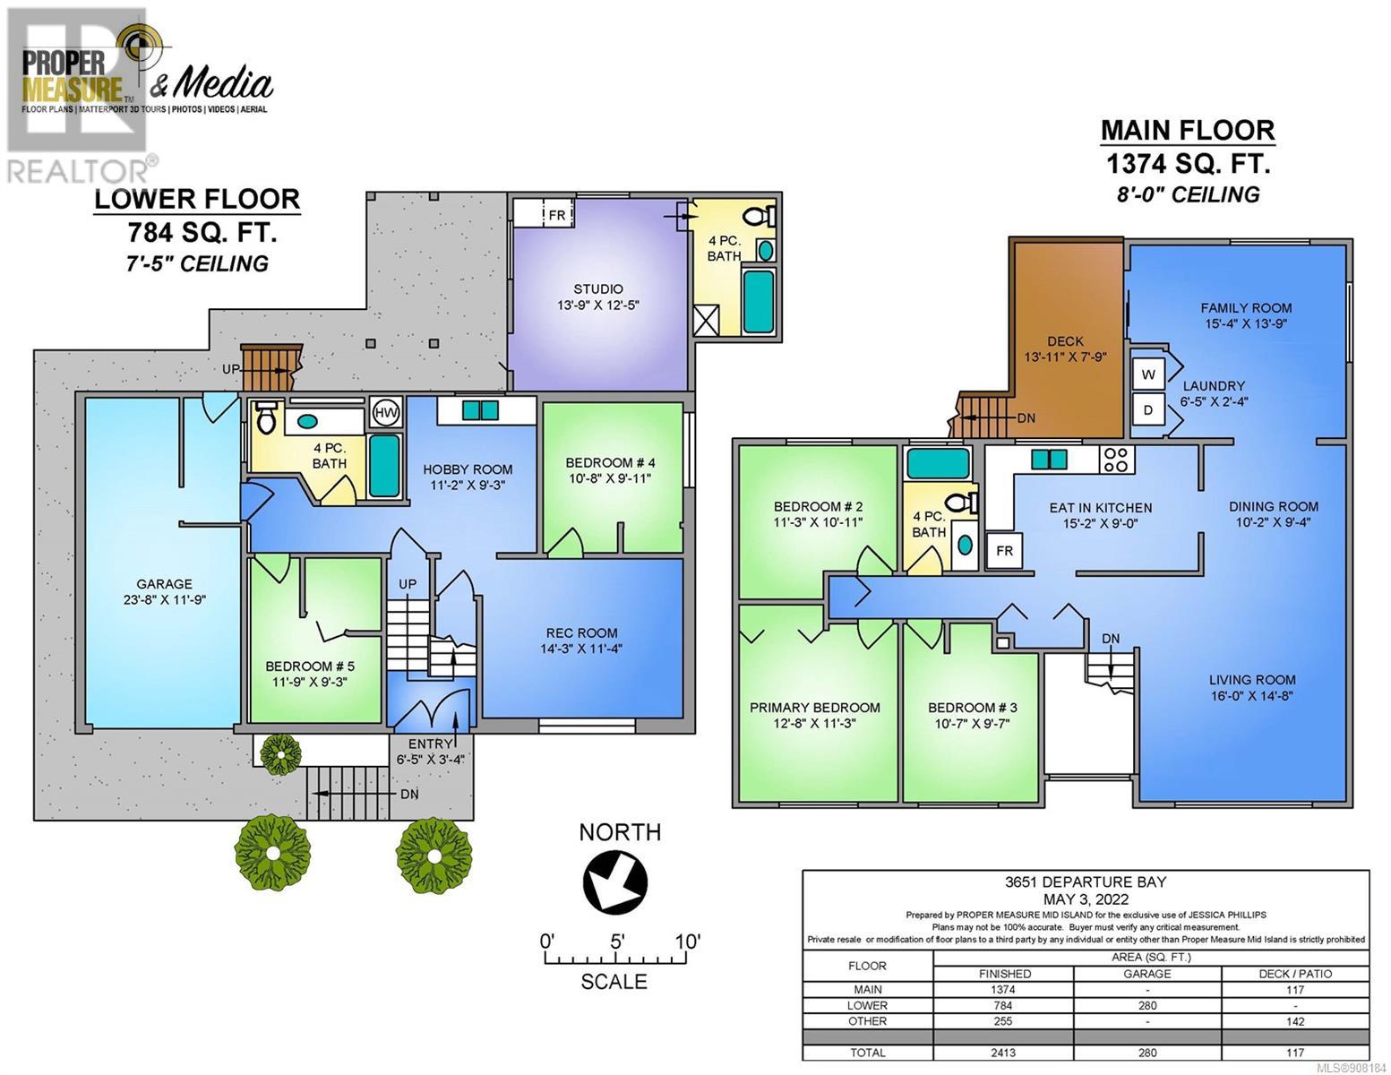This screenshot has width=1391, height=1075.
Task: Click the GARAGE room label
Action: click(x=164, y=583)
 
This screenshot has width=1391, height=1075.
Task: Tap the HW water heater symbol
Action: click(x=385, y=413)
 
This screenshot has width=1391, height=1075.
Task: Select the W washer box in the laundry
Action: click(x=1147, y=374)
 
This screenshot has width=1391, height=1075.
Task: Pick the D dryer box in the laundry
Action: click(x=1147, y=409)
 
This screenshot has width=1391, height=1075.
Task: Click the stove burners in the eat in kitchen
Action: click(x=1116, y=459)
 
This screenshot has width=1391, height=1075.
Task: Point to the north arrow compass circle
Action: click(x=614, y=881)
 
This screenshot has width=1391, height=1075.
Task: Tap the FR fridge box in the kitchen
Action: click(x=1004, y=551)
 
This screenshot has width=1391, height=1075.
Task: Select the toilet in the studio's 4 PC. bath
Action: click(x=761, y=216)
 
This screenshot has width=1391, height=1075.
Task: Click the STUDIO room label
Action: click(x=598, y=288)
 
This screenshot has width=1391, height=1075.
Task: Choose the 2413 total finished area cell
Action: click(x=1003, y=1052)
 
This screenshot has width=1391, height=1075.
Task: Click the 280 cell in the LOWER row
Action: click(x=1147, y=1005)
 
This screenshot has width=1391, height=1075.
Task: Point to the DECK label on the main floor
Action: click(x=1065, y=341)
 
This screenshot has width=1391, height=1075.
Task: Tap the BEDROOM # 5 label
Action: click(x=310, y=666)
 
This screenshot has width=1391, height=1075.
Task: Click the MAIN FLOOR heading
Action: click(x=1188, y=131)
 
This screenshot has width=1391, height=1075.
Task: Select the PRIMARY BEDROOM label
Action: click(x=815, y=708)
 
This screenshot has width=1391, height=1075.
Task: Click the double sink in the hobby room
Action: click(x=480, y=409)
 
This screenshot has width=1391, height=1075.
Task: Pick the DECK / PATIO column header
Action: click(x=1295, y=974)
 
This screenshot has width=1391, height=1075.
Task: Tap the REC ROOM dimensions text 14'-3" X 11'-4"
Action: click(x=581, y=649)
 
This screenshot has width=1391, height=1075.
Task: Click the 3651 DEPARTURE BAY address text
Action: click(x=1086, y=881)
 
